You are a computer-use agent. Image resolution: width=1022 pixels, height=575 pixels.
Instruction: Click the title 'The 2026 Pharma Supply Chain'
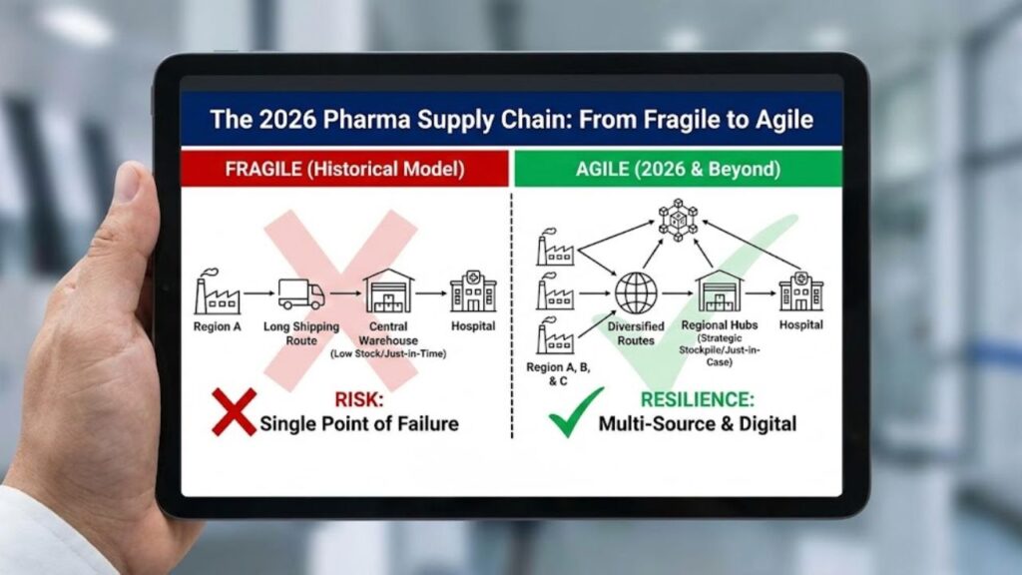click(x=511, y=120)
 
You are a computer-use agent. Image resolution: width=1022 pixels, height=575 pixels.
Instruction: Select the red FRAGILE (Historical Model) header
click(x=344, y=169)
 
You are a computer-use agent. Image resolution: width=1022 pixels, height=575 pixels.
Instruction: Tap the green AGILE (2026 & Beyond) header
click(x=676, y=169)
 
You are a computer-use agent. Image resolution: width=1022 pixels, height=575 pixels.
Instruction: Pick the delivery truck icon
click(x=301, y=293)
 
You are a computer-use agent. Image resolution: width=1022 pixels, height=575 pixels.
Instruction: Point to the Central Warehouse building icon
click(x=388, y=291)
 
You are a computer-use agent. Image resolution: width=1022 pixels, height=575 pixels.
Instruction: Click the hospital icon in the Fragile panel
click(x=472, y=292)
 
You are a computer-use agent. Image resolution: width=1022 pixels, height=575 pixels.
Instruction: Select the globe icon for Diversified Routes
click(x=636, y=293)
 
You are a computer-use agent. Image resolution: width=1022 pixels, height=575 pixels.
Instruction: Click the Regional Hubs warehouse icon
click(x=720, y=291)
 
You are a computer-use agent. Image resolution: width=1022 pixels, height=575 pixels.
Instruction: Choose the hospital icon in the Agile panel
click(x=800, y=291)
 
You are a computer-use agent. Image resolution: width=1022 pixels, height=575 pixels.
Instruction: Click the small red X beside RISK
click(x=234, y=411)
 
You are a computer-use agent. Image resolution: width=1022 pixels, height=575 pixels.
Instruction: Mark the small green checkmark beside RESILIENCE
click(x=576, y=411)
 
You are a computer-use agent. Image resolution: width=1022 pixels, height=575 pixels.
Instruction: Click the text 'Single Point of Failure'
click(x=359, y=423)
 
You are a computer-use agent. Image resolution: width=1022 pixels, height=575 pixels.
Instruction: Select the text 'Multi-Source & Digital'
click(x=697, y=423)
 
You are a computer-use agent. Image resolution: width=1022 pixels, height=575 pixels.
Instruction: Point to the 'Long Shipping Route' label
click(x=301, y=333)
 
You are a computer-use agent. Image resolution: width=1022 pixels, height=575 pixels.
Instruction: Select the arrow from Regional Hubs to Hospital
click(x=761, y=294)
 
